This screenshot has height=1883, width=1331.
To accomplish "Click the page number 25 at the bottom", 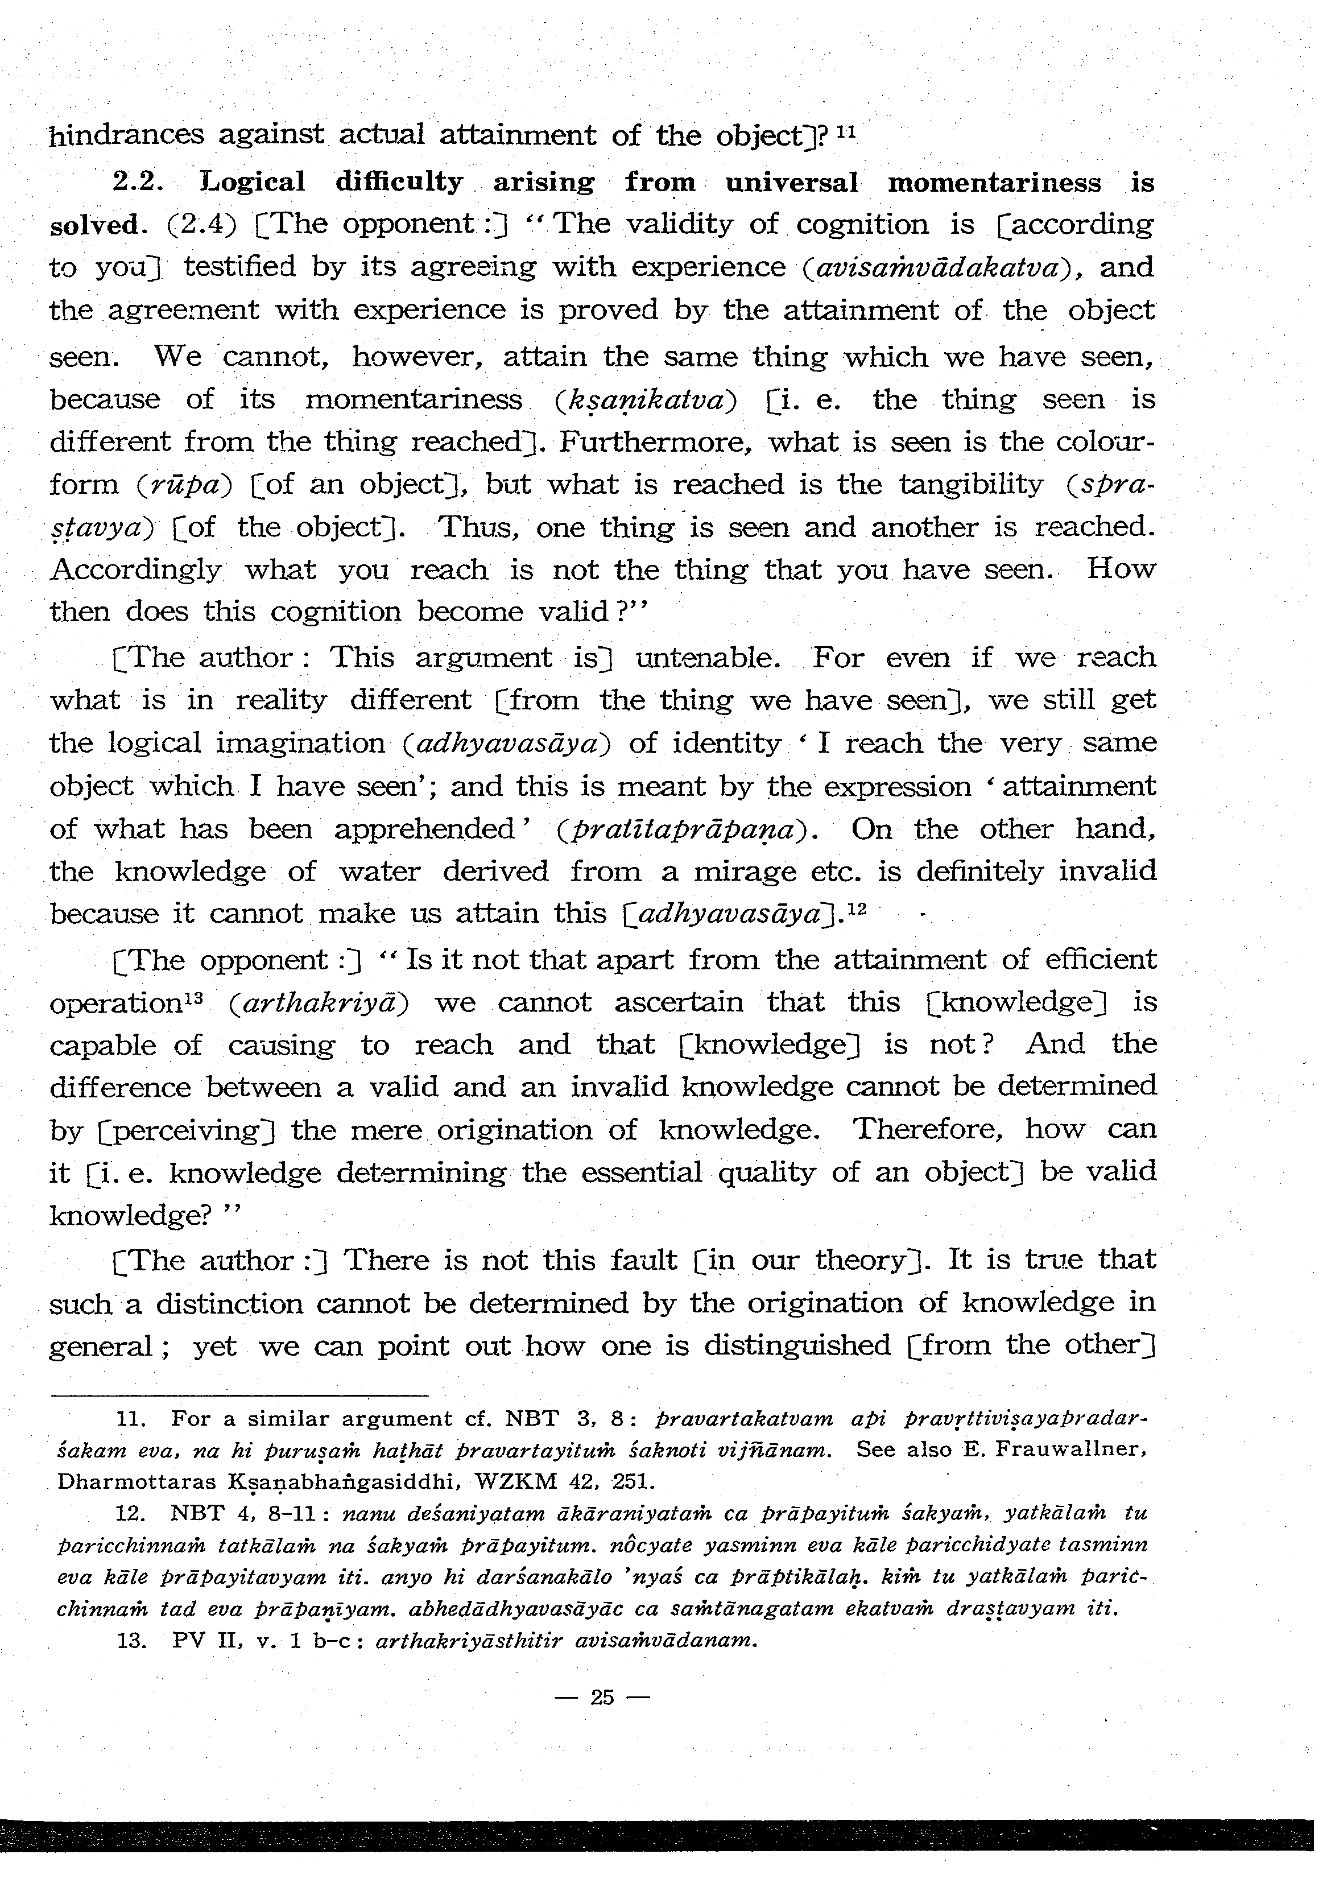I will click(601, 1697).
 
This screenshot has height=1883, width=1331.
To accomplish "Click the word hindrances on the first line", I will click(126, 134).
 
